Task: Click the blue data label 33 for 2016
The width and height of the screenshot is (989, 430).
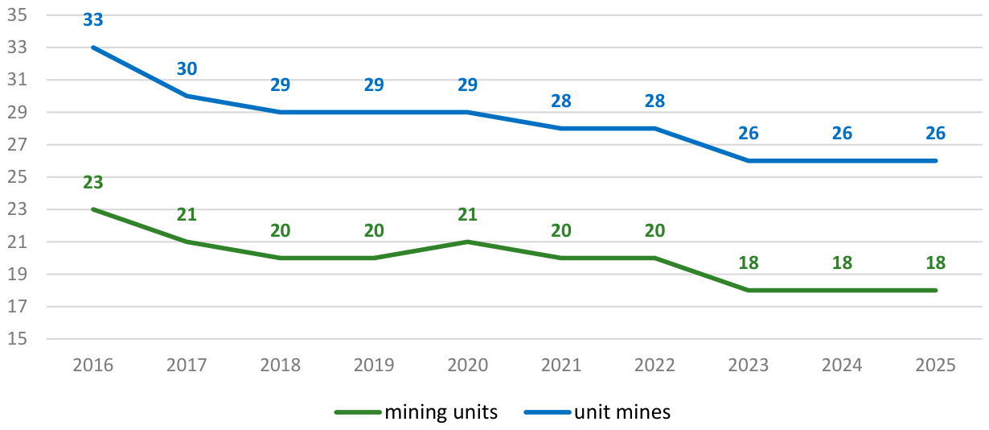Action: coord(93,20)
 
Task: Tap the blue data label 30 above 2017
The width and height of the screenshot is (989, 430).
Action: coord(187,69)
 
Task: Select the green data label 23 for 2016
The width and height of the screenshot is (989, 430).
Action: coord(93,182)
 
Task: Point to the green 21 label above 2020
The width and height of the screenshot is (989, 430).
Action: coord(468,214)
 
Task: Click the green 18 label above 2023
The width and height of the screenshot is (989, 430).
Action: coord(749,263)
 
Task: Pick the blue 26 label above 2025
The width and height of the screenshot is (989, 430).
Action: coord(936,133)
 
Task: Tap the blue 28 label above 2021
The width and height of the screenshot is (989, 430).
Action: coord(561,101)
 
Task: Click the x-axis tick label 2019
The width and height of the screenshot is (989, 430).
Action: coord(374,366)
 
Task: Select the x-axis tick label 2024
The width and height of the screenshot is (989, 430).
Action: coord(842,366)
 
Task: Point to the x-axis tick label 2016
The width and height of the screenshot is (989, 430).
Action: coord(93,366)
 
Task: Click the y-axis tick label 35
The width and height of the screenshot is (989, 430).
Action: coord(17,15)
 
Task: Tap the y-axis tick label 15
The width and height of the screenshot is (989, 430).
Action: coord(17,339)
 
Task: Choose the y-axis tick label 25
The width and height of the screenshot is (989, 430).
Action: coord(17,177)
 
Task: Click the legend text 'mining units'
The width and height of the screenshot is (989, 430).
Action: coord(441,412)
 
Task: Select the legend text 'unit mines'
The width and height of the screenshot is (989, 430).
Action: coord(622,412)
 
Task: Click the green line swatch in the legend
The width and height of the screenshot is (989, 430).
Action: coord(358,413)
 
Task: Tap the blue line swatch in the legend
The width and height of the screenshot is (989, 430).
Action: coord(548,413)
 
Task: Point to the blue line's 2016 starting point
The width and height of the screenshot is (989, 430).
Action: coord(93,48)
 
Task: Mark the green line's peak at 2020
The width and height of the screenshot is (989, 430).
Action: coord(468,242)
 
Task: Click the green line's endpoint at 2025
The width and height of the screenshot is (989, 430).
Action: coord(936,290)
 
